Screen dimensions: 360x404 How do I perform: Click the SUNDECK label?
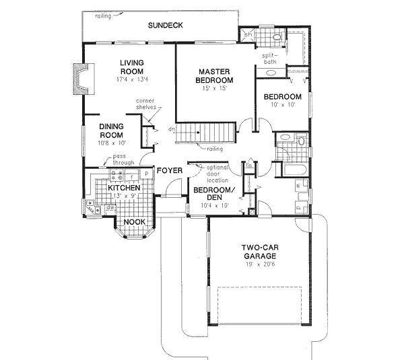(166, 25)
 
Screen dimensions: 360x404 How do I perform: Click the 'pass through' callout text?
(123, 159)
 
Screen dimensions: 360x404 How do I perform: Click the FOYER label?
(170, 171)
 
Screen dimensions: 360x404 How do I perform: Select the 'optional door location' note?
(217, 174)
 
